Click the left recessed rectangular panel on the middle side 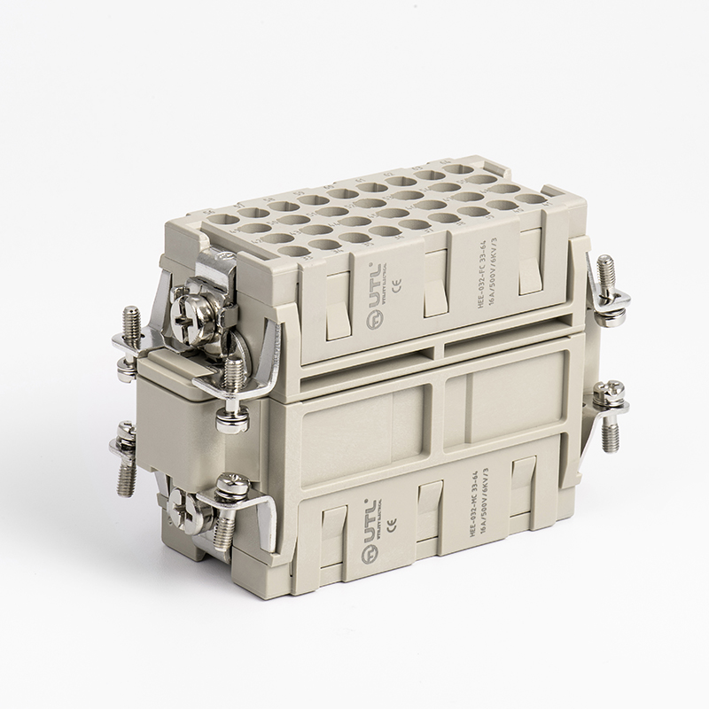click(354, 426)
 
